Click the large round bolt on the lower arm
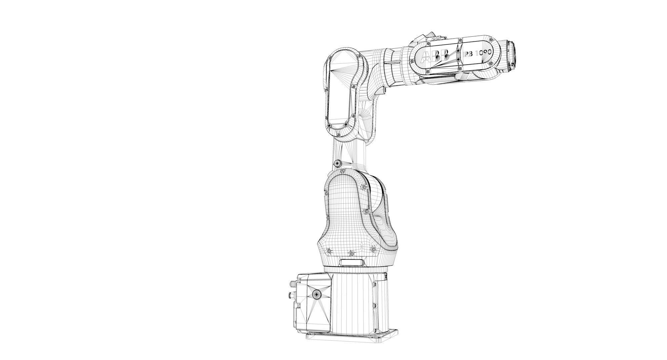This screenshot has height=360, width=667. [x=338, y=163]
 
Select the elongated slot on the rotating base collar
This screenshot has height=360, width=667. [x=352, y=262]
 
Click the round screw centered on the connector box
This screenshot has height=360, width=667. [x=316, y=294]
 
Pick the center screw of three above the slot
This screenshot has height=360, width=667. [x=351, y=254]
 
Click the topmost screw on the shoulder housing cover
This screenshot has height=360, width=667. [x=343, y=171]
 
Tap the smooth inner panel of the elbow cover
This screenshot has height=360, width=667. [x=338, y=90]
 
